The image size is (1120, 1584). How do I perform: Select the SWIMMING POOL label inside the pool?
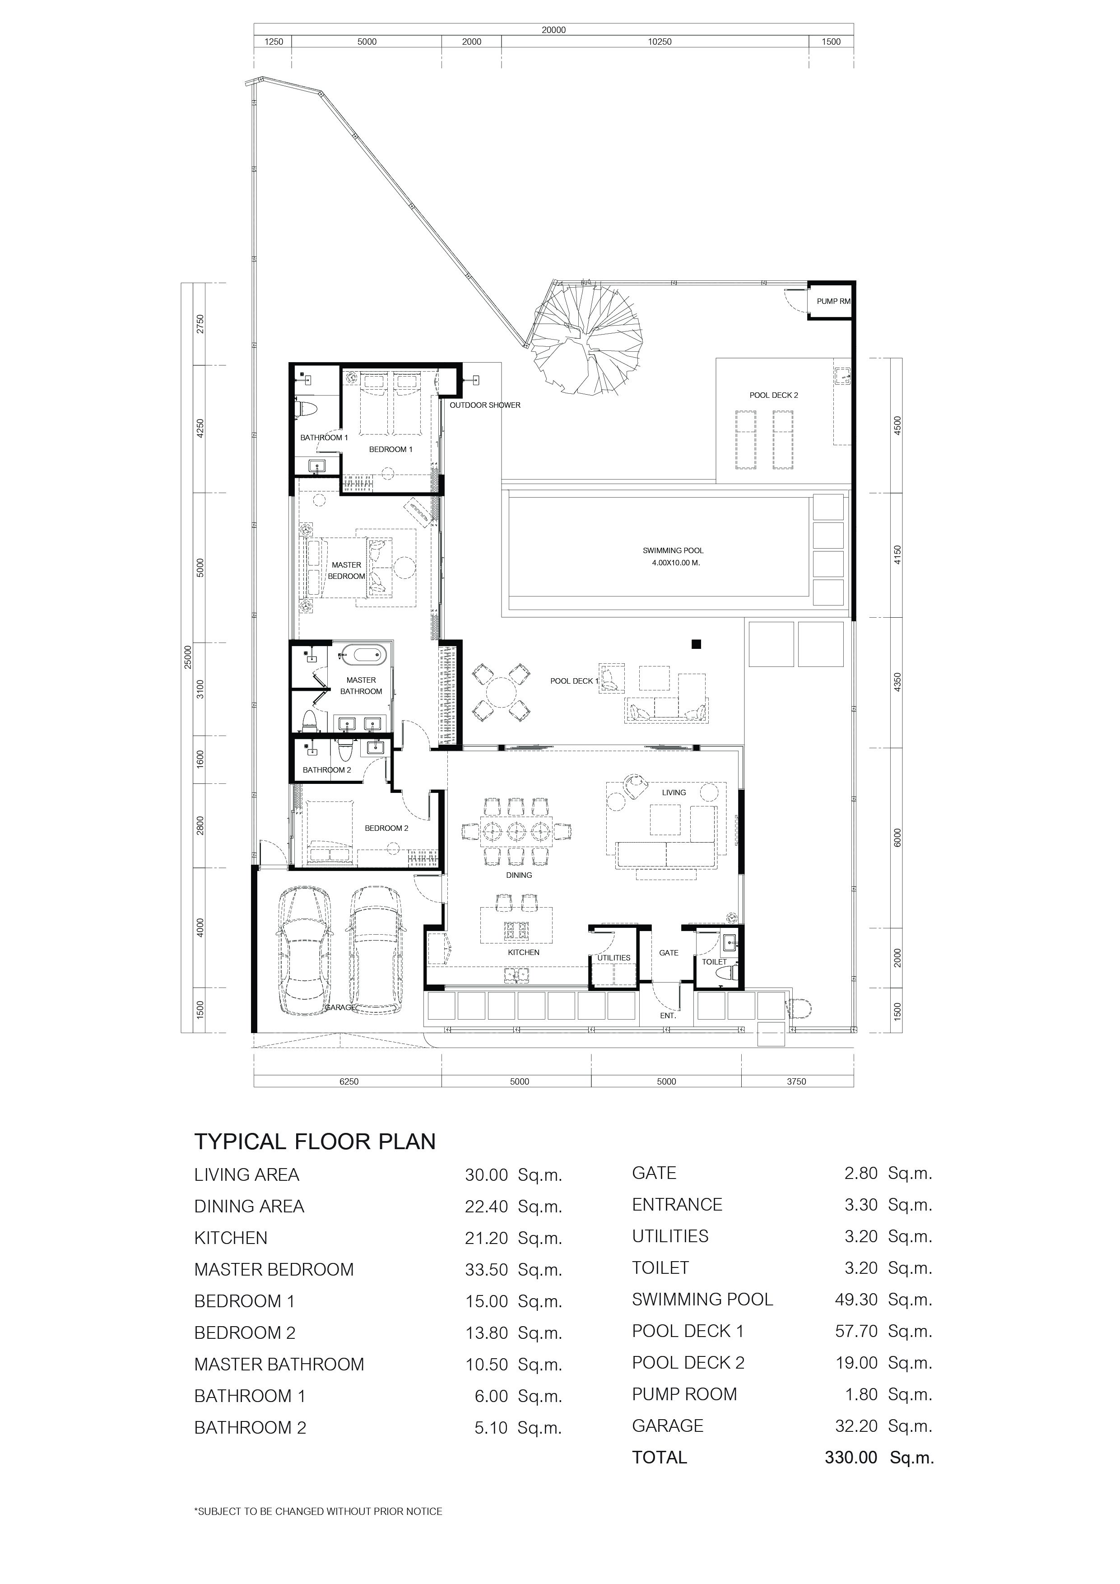pos(673,550)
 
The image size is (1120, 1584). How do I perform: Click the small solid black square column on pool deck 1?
pos(696,644)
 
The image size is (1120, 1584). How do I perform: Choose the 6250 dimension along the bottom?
pos(349,1082)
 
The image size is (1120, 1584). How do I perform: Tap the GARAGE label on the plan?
pos(340,1007)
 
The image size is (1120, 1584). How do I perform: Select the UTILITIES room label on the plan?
pos(614,958)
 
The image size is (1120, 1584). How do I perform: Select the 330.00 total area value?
pos(851,1458)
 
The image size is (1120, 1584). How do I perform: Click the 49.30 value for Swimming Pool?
pos(856,1300)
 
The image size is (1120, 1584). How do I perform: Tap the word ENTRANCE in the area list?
pos(677,1205)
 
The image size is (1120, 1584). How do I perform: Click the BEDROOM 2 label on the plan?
pos(386,828)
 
